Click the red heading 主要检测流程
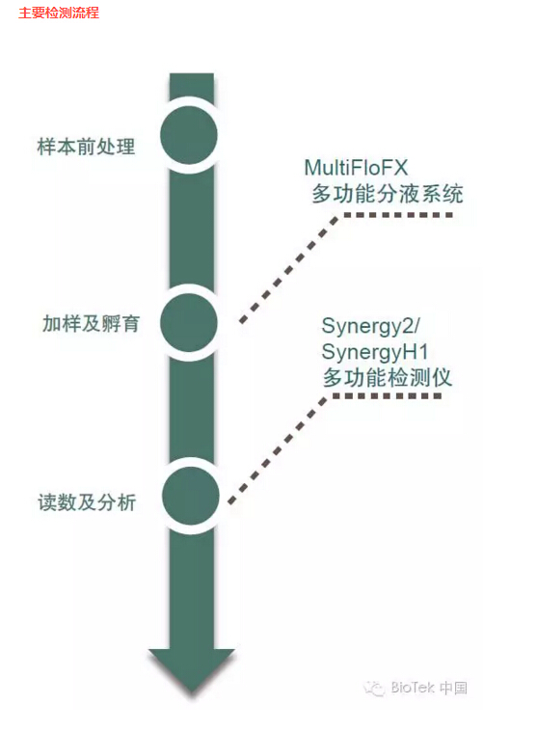(59, 13)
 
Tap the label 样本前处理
(86, 147)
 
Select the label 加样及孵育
(91, 323)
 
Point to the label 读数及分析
(87, 502)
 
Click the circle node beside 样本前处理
(189, 135)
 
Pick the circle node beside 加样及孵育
(189, 323)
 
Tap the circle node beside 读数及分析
(191, 496)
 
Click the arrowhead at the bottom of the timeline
(192, 670)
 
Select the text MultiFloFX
(356, 168)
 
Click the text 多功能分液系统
(388, 194)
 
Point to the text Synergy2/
(371, 326)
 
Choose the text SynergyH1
(375, 352)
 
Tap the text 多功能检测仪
(388, 378)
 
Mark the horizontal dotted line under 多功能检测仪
(387, 395)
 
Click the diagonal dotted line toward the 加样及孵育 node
(290, 268)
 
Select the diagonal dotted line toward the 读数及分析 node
(279, 449)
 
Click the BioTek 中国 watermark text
(429, 688)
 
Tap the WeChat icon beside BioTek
(374, 689)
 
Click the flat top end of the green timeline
(192, 73)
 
